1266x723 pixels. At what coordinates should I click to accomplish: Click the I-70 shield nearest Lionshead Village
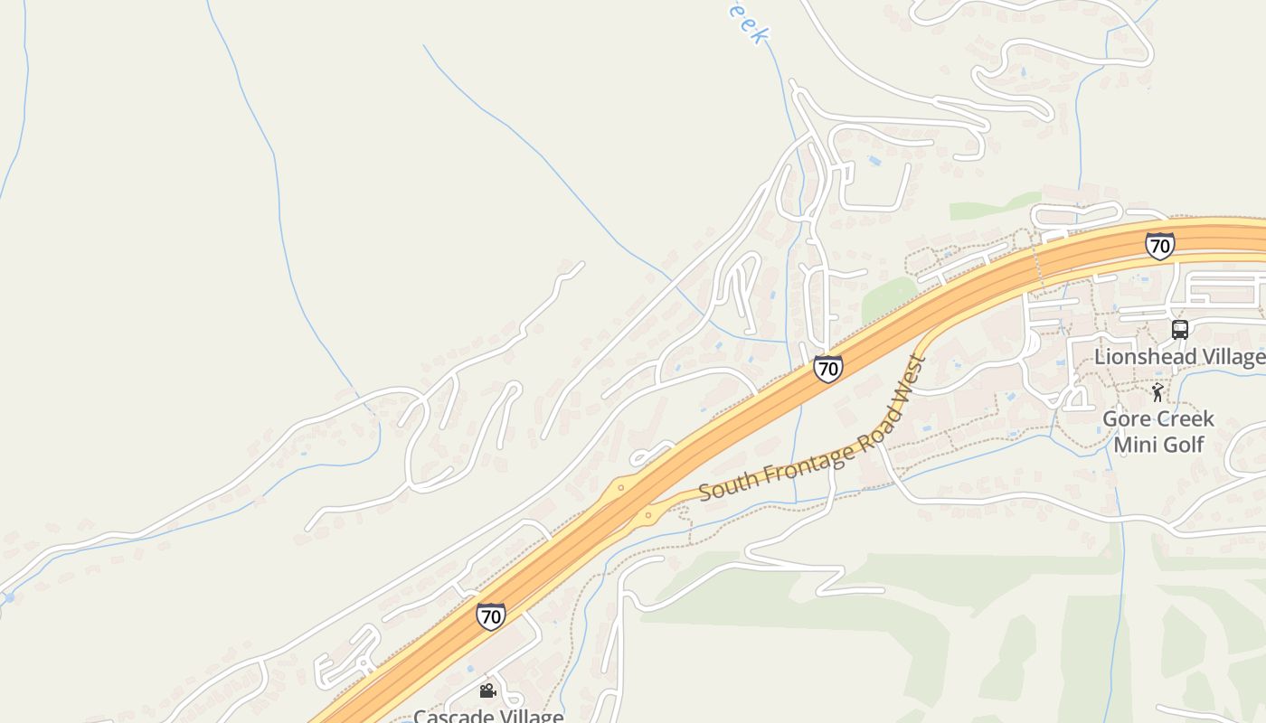(1159, 245)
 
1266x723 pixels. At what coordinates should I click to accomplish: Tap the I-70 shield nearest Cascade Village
(490, 616)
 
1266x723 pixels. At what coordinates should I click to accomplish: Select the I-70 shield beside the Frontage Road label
(827, 368)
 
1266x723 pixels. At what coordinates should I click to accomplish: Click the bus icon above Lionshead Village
(1179, 329)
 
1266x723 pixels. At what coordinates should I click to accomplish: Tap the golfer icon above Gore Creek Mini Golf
(1157, 392)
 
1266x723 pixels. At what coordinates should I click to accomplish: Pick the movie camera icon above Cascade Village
(487, 691)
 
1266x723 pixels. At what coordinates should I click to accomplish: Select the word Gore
(1125, 420)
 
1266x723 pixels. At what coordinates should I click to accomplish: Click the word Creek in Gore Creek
(1184, 420)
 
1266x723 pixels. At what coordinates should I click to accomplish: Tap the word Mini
(1135, 445)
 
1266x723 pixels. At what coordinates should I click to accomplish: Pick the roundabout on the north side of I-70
(621, 488)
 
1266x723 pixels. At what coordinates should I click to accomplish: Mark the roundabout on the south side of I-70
(647, 517)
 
